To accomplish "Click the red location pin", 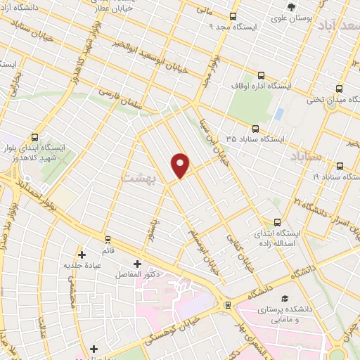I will tap(181, 165).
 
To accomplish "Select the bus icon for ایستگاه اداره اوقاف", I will tap(262, 75).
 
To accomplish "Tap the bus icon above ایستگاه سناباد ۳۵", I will tap(255, 129).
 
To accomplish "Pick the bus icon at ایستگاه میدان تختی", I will tap(340, 89).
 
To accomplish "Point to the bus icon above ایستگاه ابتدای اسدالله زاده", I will tap(276, 221).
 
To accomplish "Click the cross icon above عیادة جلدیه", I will tap(82, 254).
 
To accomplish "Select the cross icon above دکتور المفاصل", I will tap(136, 264).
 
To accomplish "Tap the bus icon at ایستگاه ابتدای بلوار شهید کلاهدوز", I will tap(36, 137).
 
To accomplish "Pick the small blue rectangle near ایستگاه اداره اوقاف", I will tap(279, 113).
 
